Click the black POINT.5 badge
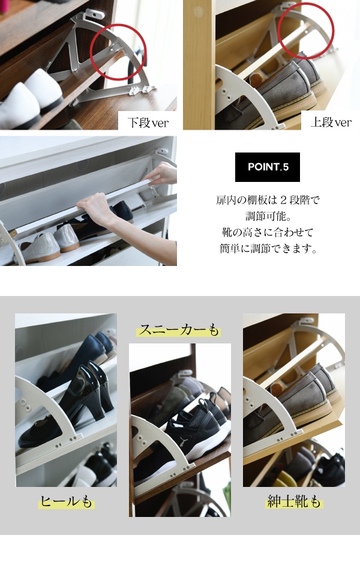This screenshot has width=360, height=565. pyautogui.click(x=268, y=167)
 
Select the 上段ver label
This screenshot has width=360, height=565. pyautogui.click(x=331, y=122)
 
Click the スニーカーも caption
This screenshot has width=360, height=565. pyautogui.click(x=179, y=330)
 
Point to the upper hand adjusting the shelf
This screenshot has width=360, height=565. pyautogui.click(x=161, y=175)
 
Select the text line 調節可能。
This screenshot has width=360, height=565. pyautogui.click(x=268, y=216)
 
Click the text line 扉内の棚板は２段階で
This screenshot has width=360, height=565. pyautogui.click(x=268, y=200)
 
